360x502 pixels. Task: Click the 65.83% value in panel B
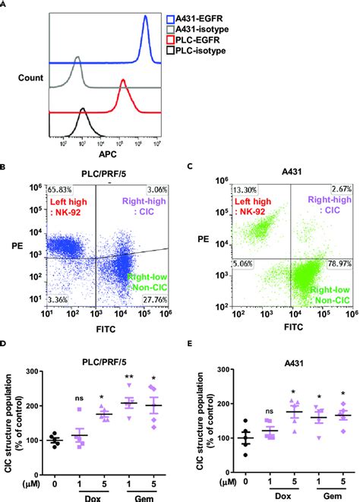coord(59,188)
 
